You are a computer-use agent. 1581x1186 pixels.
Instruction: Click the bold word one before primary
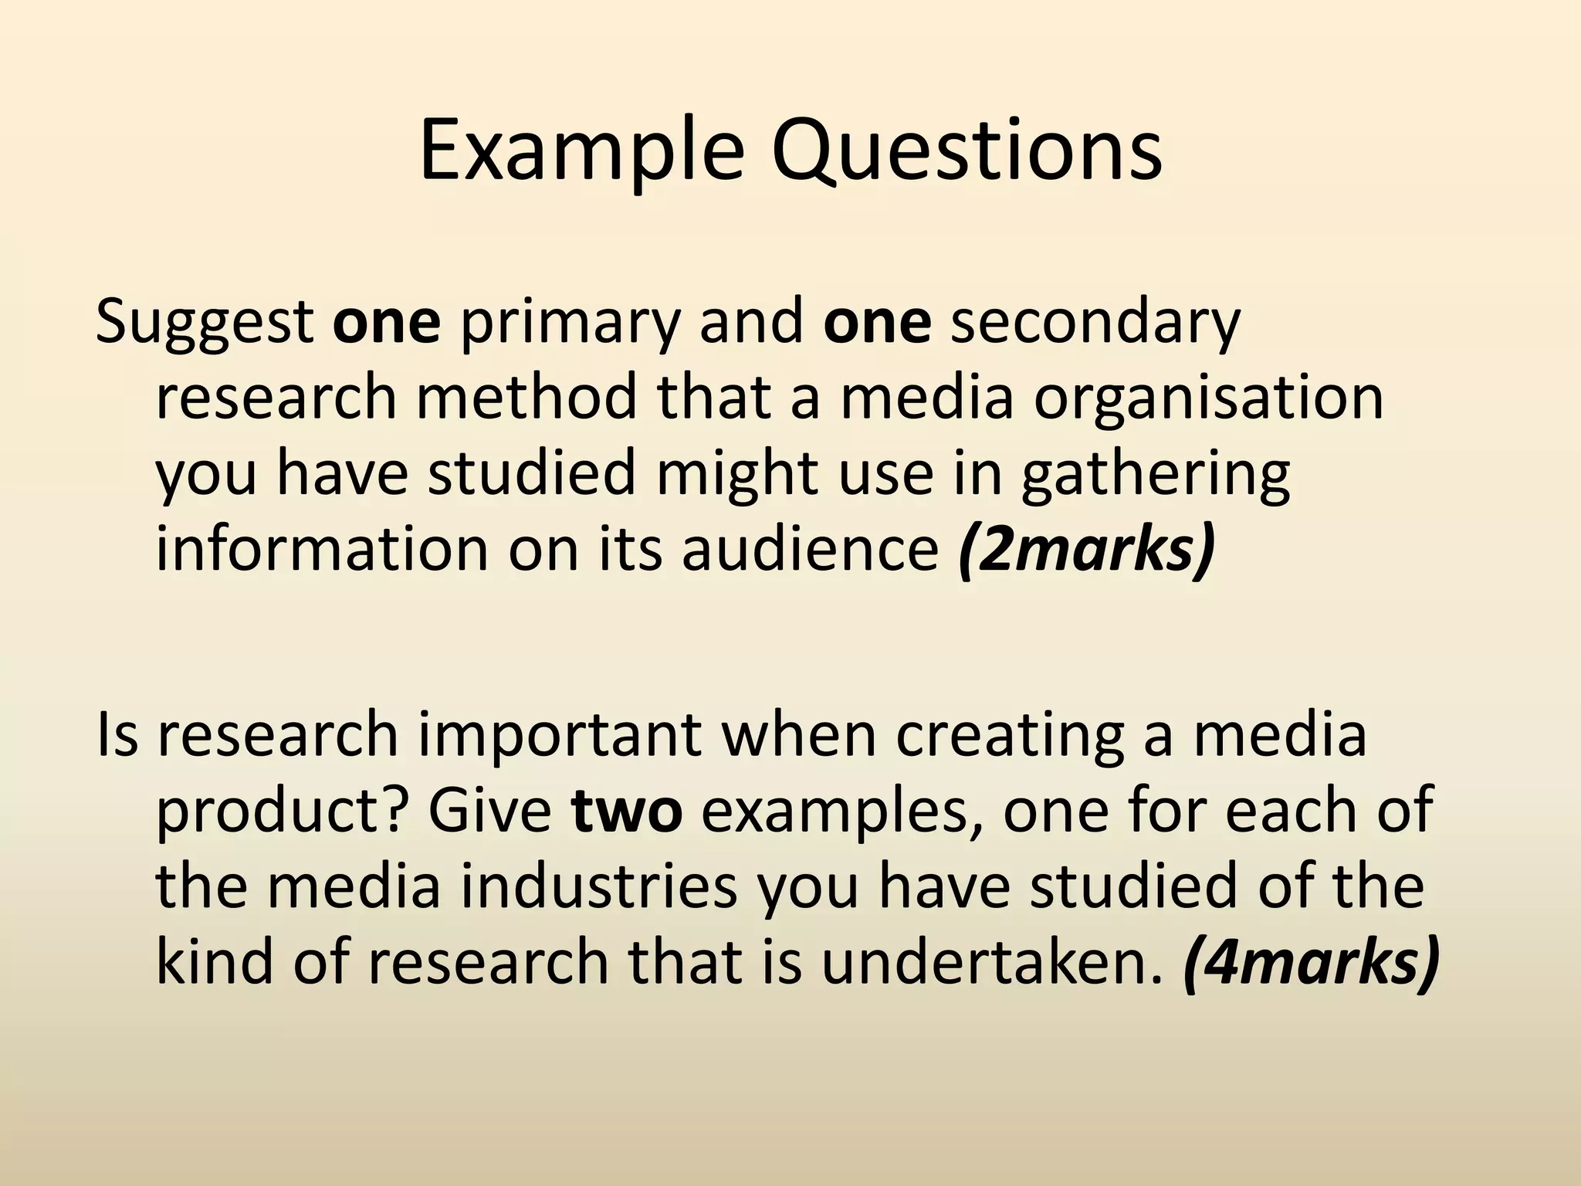click(x=387, y=323)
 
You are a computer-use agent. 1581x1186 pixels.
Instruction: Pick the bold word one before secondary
click(x=877, y=323)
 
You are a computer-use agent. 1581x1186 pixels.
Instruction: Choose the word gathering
click(x=1155, y=474)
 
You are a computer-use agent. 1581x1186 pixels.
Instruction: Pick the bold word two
click(x=627, y=811)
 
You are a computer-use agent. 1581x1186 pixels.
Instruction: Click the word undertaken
click(x=992, y=962)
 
